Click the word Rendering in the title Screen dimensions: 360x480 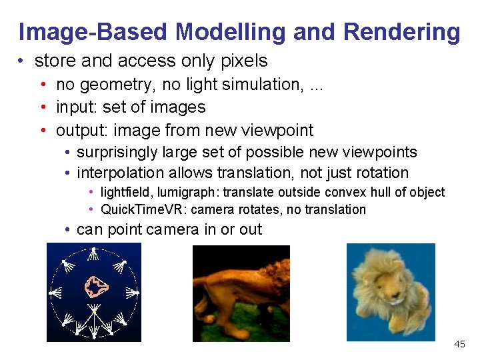(402, 32)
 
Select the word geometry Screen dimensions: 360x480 (107, 85)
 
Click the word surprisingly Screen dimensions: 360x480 (118, 152)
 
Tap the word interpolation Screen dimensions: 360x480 (119, 173)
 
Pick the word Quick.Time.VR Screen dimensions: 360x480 (143, 209)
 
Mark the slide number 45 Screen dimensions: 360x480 (459, 344)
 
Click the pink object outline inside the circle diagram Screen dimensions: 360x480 (96, 287)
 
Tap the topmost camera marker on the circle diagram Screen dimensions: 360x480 (94, 251)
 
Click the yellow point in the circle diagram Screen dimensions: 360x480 (94, 311)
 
